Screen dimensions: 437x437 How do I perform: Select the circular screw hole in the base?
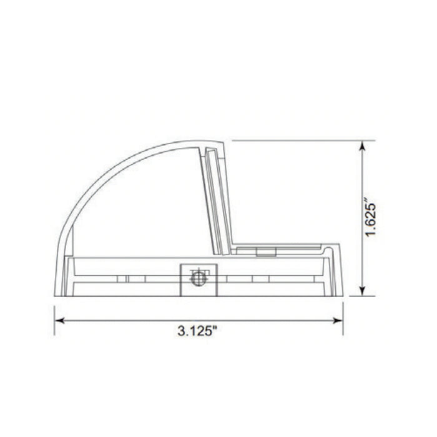tap(197, 279)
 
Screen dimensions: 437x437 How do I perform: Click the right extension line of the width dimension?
tap(343, 315)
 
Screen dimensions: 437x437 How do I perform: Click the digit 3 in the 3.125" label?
tap(180, 330)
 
